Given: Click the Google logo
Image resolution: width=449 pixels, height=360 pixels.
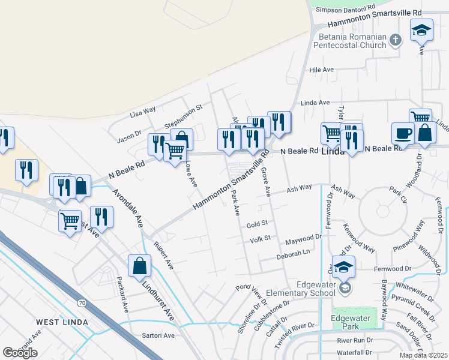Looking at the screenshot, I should [x=20, y=353].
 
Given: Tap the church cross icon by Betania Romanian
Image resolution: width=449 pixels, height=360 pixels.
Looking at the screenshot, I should [x=395, y=40].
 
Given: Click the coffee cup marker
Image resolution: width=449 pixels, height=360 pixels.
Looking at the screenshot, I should [x=402, y=133].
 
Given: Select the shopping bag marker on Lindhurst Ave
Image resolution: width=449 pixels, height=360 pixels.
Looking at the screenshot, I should [x=139, y=265].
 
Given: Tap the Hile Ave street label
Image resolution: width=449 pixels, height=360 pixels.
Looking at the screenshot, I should [x=321, y=70].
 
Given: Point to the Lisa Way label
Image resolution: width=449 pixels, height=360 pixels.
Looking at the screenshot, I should [x=143, y=112].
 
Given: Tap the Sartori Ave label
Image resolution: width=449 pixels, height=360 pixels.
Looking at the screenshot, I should [x=158, y=335].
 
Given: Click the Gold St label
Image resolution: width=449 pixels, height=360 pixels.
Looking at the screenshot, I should [x=256, y=224].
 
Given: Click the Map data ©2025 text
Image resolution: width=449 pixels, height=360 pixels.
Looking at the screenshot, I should [x=423, y=355].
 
